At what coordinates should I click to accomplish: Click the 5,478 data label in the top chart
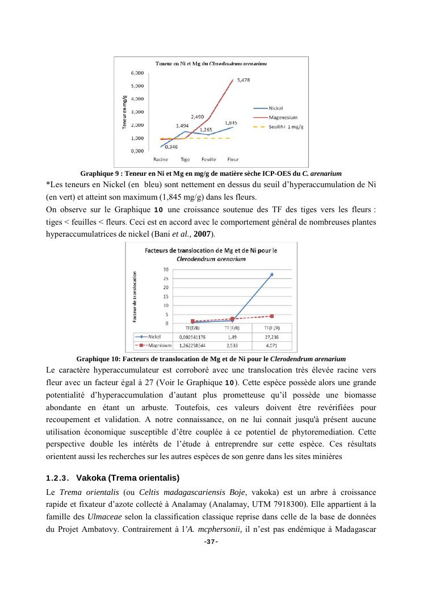coord(243,80)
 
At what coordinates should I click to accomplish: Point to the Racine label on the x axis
coord(161,159)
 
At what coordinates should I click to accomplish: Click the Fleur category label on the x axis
coord(232,159)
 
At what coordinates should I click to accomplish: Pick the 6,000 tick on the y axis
coord(137,73)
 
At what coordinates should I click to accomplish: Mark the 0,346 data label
coord(171,147)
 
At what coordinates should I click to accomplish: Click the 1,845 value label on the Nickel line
coord(231,122)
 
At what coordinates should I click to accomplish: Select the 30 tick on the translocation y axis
coord(165,269)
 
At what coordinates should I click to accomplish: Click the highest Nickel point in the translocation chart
coord(271,275)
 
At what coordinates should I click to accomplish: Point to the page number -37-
coord(211,542)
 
